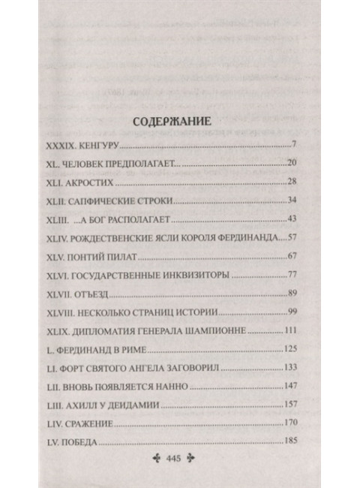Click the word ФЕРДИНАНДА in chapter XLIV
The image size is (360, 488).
click(x=245, y=238)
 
